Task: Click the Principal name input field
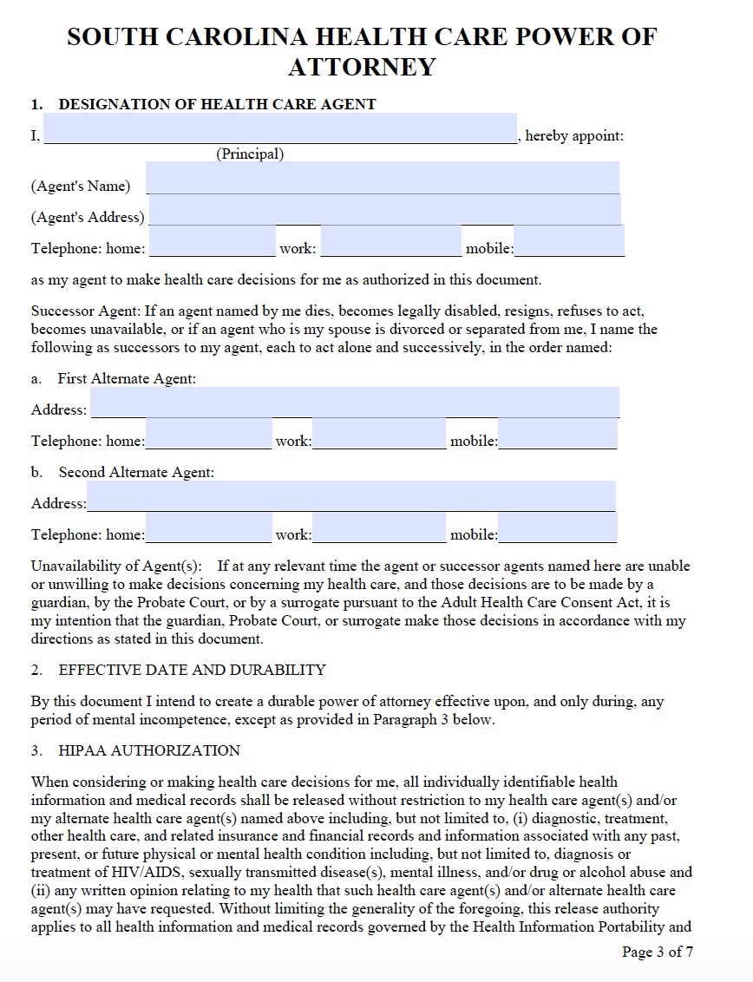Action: (279, 128)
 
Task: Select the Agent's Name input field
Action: (383, 178)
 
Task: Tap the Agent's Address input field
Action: (384, 209)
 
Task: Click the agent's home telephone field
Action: (213, 241)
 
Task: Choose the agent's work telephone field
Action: (391, 241)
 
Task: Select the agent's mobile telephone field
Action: (569, 241)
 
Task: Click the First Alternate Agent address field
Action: (354, 403)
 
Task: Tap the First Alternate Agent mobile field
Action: (557, 434)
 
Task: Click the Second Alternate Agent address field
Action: (350, 496)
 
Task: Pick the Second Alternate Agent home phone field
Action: (208, 527)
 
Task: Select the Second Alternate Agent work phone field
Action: (379, 527)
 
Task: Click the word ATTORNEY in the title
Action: (362, 67)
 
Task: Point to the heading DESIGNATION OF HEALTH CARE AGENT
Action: (217, 104)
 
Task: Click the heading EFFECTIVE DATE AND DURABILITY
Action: (192, 670)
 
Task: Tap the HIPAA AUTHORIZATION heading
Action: (149, 750)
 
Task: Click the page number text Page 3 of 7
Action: (657, 952)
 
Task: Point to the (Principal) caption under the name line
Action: (250, 154)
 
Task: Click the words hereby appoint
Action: (573, 136)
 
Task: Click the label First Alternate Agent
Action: (127, 378)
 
